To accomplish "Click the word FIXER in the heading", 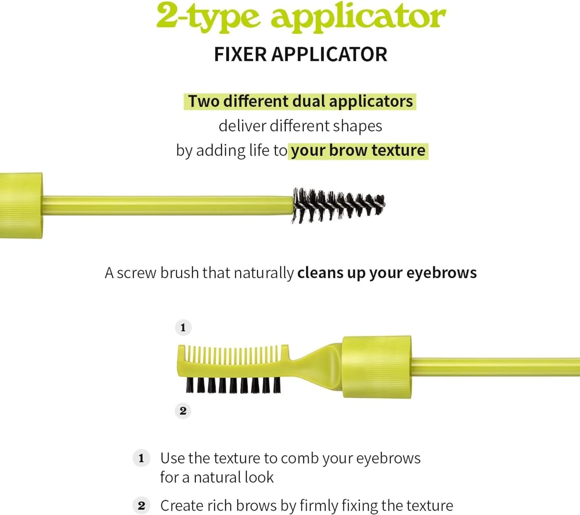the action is pos(240,54).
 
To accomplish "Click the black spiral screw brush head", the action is pos(338,205).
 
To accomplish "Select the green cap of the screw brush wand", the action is pos(21,206).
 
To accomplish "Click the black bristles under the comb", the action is pos(233,385).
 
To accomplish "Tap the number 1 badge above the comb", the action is pos(183,328).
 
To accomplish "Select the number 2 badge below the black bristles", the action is pos(183,411).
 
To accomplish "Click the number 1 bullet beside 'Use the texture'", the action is pos(141,458).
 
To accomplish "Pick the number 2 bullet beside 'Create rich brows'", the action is pos(141,506).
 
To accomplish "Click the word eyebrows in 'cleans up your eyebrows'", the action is pos(442,273).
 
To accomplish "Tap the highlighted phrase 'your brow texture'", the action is pos(358,151).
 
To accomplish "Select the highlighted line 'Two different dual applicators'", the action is pos(300,102).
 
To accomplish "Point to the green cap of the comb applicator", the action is pos(377,367).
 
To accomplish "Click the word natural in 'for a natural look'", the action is pos(213,478).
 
